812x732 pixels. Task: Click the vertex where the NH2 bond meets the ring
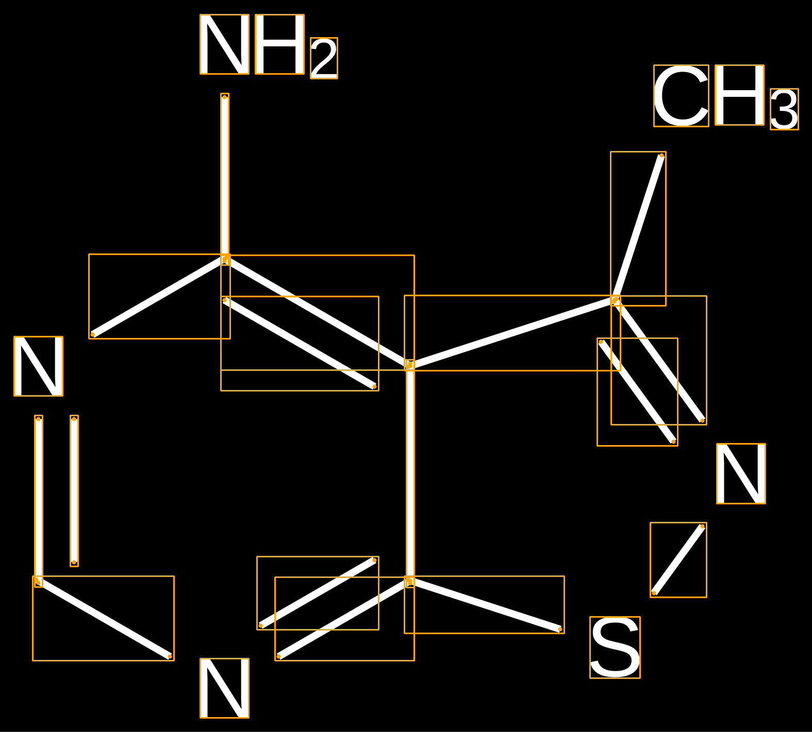click(x=225, y=259)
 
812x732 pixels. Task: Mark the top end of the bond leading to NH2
click(x=225, y=97)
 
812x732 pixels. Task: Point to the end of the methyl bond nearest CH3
click(x=661, y=155)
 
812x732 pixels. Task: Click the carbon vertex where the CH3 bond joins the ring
click(x=615, y=300)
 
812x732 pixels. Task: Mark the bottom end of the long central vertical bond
click(x=410, y=582)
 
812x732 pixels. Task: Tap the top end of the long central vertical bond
click(x=410, y=365)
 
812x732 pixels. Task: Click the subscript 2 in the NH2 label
click(x=324, y=58)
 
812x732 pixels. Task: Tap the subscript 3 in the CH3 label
click(x=784, y=109)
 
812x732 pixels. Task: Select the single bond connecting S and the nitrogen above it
click(x=678, y=560)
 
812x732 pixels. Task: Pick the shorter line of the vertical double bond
click(x=74, y=491)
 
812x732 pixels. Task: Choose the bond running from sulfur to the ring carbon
click(x=485, y=605)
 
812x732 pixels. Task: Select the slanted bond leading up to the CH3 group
click(x=638, y=228)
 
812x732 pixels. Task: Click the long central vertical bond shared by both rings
click(x=410, y=473)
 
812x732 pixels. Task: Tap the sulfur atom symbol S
click(x=615, y=648)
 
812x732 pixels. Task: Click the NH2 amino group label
click(x=269, y=46)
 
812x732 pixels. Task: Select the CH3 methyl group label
click(x=726, y=97)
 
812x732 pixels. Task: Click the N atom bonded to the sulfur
click(x=741, y=473)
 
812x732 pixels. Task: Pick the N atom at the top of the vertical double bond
click(x=38, y=366)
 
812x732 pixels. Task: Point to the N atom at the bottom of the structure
click(x=224, y=688)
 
